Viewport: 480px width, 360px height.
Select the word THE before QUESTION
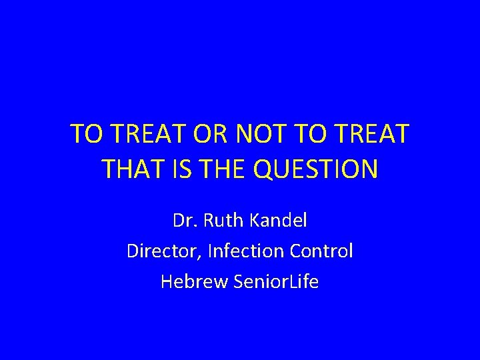tap(218, 169)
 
